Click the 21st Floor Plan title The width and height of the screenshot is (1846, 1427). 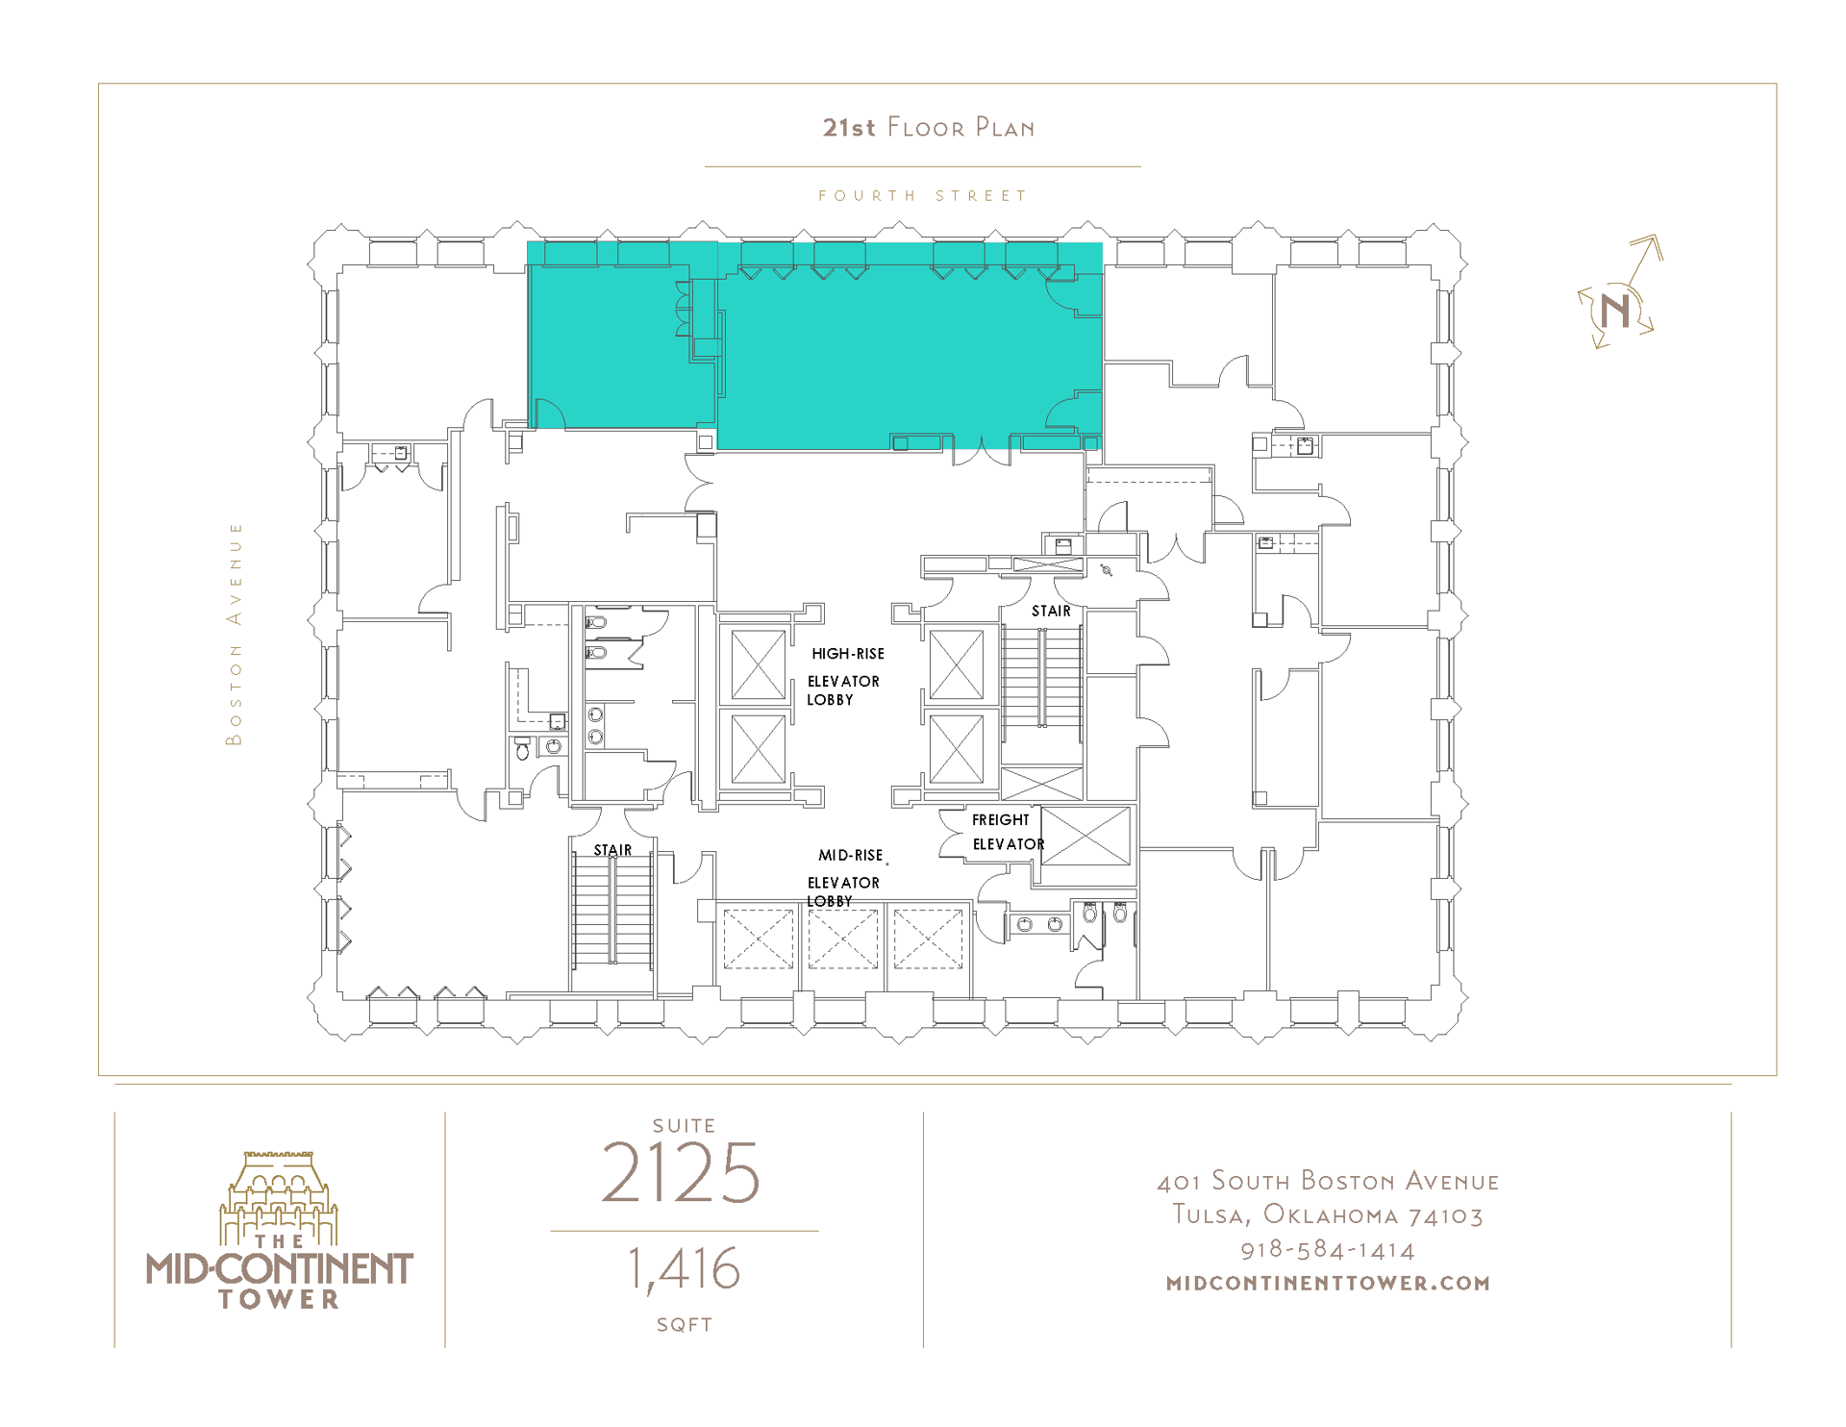[928, 127]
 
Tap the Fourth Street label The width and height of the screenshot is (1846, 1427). [922, 195]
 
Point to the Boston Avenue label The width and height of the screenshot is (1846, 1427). [234, 634]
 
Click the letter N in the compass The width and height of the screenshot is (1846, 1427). [1616, 311]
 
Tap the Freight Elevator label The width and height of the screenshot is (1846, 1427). [1006, 832]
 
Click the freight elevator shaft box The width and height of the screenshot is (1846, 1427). [1085, 837]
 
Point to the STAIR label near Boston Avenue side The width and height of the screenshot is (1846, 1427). [612, 850]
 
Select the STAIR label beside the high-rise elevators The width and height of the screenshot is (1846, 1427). [1051, 611]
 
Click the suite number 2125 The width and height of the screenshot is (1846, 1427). [681, 1173]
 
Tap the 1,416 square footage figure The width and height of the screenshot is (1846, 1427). [684, 1269]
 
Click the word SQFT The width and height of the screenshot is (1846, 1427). [684, 1324]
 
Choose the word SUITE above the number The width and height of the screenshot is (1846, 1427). [684, 1125]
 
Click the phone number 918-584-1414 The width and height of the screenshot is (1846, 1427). [1328, 1249]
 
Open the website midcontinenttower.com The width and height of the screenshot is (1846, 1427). [1328, 1283]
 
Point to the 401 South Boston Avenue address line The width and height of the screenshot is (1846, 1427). [1328, 1181]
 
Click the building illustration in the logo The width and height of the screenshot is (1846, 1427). [279, 1197]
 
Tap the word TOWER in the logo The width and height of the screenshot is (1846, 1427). [279, 1299]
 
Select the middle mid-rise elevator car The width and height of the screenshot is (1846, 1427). [842, 939]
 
